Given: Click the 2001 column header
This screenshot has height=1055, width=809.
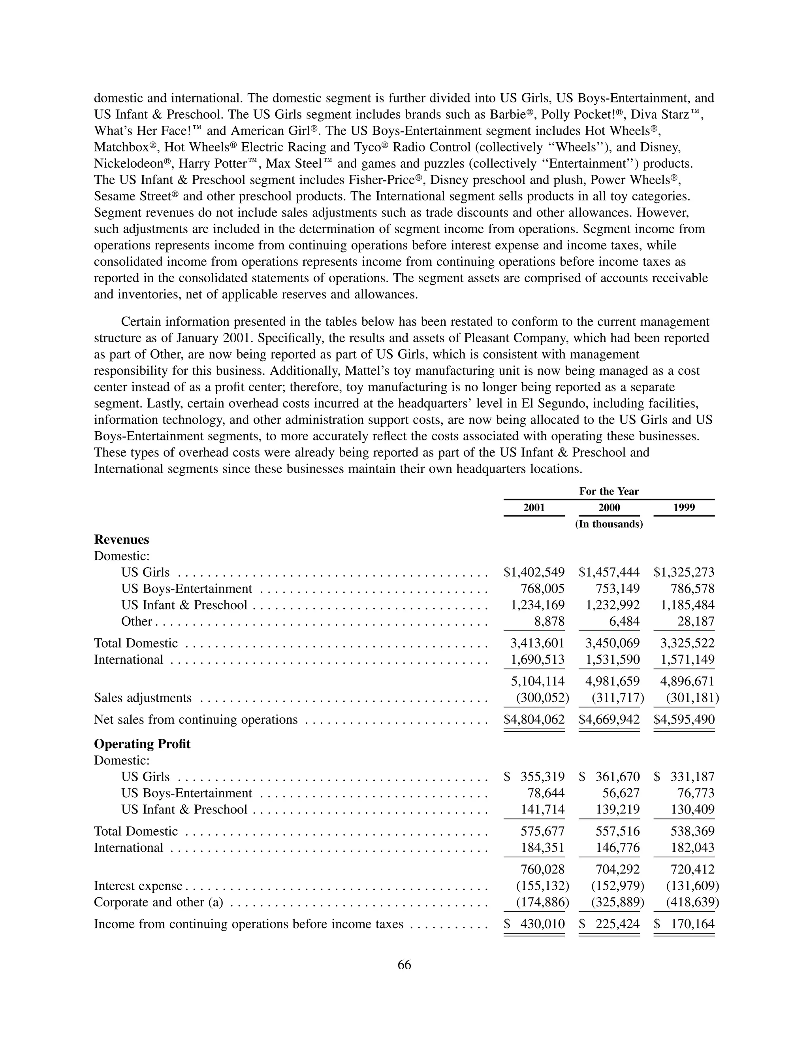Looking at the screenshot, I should (534, 507).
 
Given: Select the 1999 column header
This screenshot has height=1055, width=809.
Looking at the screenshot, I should (684, 507).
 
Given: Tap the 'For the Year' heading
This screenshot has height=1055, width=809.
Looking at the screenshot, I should (609, 491).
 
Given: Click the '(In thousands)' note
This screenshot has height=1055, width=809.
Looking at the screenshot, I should (609, 524).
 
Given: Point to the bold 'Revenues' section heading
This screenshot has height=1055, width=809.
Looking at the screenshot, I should (121, 540).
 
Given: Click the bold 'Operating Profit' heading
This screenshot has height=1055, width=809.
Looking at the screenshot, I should (142, 744).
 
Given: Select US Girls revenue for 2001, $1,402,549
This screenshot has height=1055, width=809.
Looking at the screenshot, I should (534, 572).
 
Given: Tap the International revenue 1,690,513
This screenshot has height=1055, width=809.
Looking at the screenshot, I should (537, 659).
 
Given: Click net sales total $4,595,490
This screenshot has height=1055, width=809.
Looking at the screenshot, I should (684, 720).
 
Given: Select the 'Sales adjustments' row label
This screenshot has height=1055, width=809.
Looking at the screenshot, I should (143, 698).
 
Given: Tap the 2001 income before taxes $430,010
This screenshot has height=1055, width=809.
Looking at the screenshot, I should (534, 924).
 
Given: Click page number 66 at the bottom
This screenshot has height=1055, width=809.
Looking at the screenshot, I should (404, 964).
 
